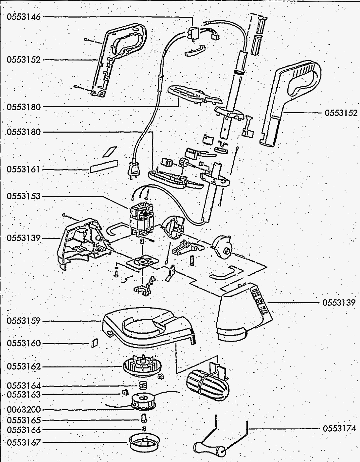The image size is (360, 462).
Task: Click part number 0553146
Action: pyautogui.click(x=24, y=17)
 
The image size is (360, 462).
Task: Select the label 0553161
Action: pyautogui.click(x=24, y=169)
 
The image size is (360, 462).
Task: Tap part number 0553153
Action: pyautogui.click(x=24, y=196)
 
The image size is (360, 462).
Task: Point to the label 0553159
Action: pyautogui.click(x=24, y=321)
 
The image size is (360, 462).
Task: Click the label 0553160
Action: pyautogui.click(x=24, y=343)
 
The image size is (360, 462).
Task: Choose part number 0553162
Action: pyautogui.click(x=24, y=366)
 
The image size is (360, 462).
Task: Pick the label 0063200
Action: pyautogui.click(x=24, y=410)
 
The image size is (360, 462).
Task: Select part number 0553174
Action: pyautogui.click(x=339, y=428)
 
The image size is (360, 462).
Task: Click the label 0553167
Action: pyautogui.click(x=24, y=442)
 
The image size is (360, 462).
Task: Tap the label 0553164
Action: pyautogui.click(x=24, y=386)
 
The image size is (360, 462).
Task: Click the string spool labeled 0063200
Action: pyautogui.click(x=143, y=402)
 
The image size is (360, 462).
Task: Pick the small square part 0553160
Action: pyautogui.click(x=94, y=343)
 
